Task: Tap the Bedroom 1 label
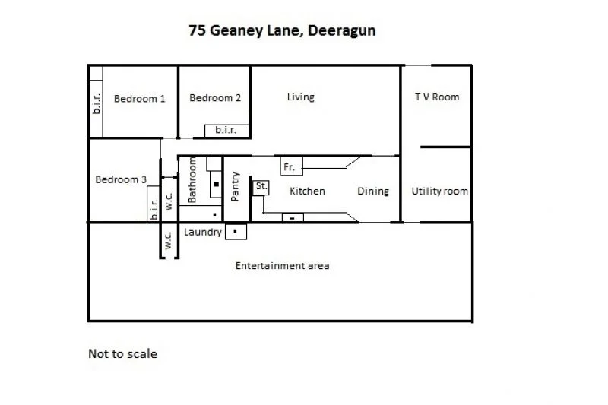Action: [139, 98]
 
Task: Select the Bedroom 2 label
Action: [215, 97]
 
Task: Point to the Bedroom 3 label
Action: [121, 179]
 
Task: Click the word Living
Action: [300, 97]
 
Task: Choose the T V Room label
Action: [436, 97]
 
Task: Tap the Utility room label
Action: [439, 191]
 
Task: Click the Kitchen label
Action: [307, 191]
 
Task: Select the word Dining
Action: [373, 191]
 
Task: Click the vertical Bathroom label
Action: [192, 180]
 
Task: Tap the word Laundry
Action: [203, 232]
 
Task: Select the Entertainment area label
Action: [282, 265]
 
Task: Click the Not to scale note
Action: [122, 353]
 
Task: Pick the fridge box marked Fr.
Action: [292, 166]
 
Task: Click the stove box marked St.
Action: [261, 186]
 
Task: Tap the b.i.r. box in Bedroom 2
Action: [226, 130]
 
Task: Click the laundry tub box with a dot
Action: [236, 230]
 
